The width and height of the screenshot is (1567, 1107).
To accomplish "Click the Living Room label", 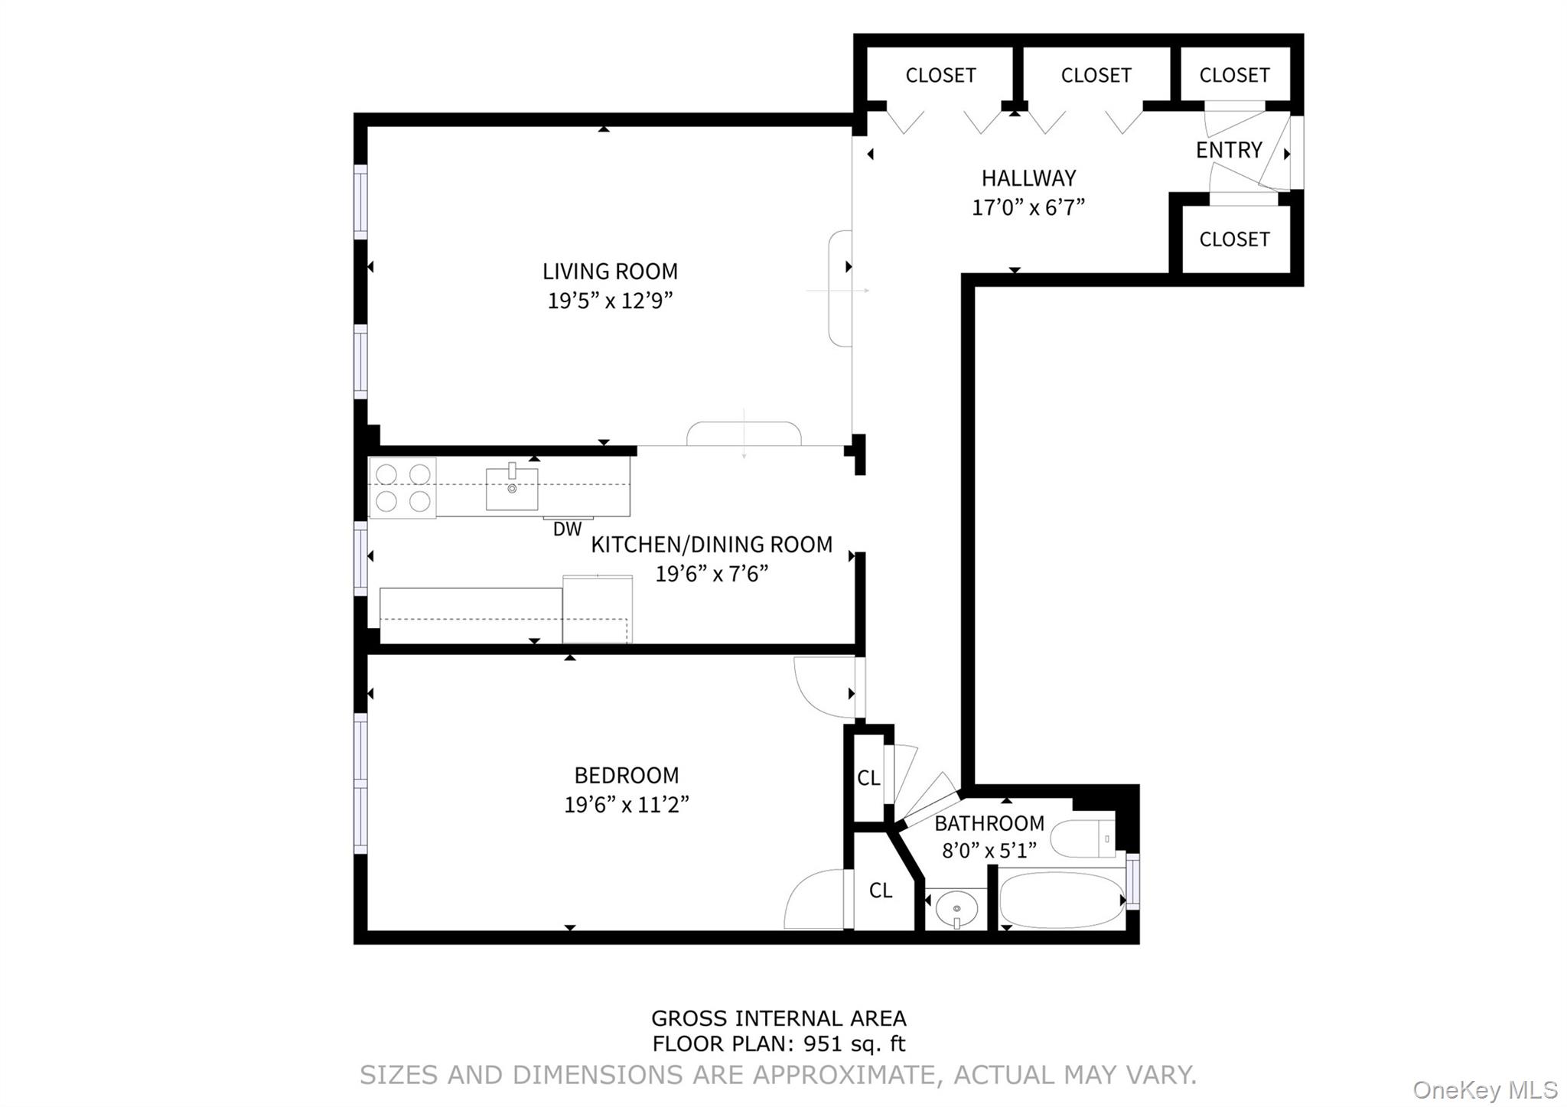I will pyautogui.click(x=610, y=272).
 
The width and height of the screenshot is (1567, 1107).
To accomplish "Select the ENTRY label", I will pyautogui.click(x=1228, y=150).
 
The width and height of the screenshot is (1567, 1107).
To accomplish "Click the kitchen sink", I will pyautogui.click(x=512, y=489).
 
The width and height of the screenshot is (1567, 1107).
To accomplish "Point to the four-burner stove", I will pyautogui.click(x=402, y=487).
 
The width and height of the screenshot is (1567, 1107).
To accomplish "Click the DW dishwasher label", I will pyautogui.click(x=567, y=529).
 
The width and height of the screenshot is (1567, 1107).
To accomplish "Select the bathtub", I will pyautogui.click(x=1061, y=900).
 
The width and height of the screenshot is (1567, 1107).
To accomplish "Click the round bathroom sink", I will pyautogui.click(x=957, y=909).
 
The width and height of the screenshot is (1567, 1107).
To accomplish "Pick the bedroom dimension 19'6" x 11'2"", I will pyautogui.click(x=627, y=805).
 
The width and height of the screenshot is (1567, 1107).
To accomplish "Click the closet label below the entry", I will pyautogui.click(x=1234, y=239).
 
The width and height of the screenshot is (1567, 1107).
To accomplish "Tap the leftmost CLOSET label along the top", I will pyautogui.click(x=940, y=76).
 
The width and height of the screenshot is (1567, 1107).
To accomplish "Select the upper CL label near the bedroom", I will pyautogui.click(x=868, y=778).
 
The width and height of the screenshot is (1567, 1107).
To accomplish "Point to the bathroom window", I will pyautogui.click(x=1132, y=881).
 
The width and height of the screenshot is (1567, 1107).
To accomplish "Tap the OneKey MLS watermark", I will pyautogui.click(x=1484, y=1089).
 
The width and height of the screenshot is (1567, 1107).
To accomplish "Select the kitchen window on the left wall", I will pyautogui.click(x=360, y=558).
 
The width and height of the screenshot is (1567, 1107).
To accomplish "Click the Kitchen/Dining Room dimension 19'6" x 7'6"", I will pyautogui.click(x=711, y=574).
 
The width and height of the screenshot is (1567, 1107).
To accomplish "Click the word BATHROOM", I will pyautogui.click(x=989, y=824).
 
